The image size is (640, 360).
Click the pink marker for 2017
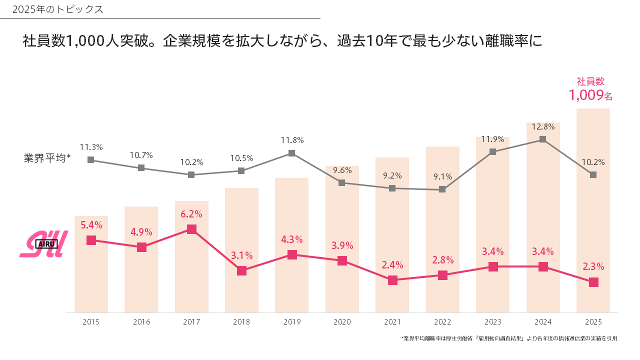pyautogui.click(x=191, y=229)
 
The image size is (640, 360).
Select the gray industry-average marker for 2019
pyautogui.click(x=292, y=153)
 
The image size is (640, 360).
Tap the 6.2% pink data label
pyautogui.click(x=191, y=214)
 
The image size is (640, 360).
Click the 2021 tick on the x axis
pyautogui.click(x=392, y=322)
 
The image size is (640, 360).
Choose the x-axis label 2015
pyautogui.click(x=91, y=322)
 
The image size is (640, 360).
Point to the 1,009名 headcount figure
pyautogui.click(x=590, y=95)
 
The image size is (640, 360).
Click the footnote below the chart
pyautogui.click(x=509, y=338)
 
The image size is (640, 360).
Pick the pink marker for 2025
pyautogui.click(x=593, y=282)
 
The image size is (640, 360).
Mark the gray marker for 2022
pyautogui.click(x=442, y=189)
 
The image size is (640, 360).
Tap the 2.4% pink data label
pyautogui.click(x=392, y=265)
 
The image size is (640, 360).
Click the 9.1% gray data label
pyautogui.click(x=442, y=176)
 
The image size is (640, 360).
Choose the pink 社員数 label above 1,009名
pyautogui.click(x=591, y=81)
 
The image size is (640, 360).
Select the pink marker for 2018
pyautogui.click(x=241, y=270)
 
